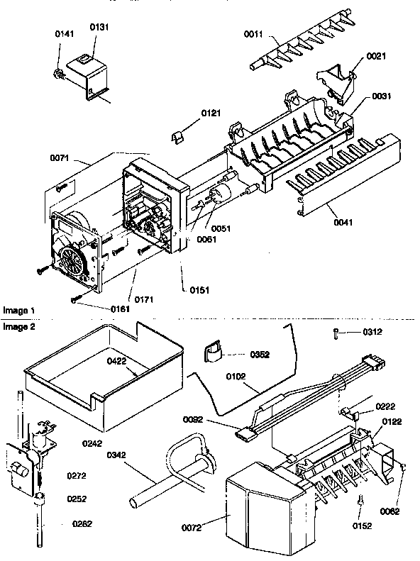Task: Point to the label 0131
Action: pyautogui.click(x=98, y=28)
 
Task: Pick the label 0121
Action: pyautogui.click(x=211, y=113)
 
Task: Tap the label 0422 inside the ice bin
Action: pyautogui.click(x=118, y=360)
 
